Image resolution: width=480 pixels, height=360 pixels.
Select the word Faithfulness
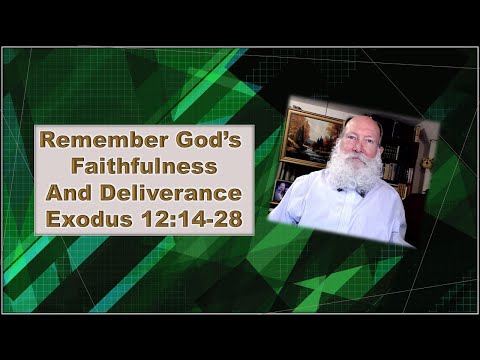145,165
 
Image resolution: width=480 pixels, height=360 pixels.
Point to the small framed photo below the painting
283,189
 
